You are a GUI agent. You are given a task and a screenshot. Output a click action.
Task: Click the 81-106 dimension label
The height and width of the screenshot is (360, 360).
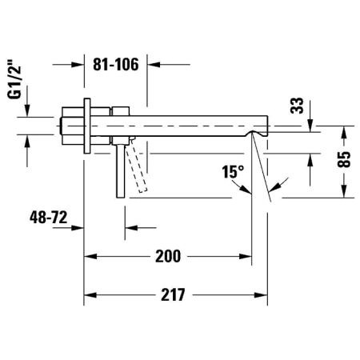tap(116, 64)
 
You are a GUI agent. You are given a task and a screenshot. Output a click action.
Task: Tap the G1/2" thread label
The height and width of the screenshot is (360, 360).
tap(14, 79)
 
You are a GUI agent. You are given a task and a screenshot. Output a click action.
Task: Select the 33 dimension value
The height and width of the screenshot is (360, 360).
tap(297, 106)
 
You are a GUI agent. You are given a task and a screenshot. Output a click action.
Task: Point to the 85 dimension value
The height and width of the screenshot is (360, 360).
tap(344, 159)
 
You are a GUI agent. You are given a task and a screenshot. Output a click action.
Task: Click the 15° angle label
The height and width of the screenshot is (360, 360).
tap(233, 171)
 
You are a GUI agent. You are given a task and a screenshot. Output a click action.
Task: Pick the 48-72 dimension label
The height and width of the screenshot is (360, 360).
tap(48, 218)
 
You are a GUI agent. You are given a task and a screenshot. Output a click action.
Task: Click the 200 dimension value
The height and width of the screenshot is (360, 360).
tap(168, 256)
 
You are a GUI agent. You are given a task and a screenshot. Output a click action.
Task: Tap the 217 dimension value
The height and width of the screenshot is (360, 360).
tap(173, 295)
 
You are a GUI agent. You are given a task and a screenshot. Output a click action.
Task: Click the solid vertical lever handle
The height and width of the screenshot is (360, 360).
tap(121, 171)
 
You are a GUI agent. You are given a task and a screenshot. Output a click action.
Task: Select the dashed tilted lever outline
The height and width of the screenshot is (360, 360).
tap(137, 166)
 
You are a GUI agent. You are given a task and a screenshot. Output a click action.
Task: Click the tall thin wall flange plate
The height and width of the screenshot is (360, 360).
tap(87, 126)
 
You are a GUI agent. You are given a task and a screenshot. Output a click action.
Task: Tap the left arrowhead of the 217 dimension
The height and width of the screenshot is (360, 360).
tap(90, 295)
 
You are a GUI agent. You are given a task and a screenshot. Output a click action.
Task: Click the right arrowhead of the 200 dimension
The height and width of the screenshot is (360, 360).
tap(246, 257)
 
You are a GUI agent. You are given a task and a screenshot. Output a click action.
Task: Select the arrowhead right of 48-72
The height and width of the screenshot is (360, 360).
tap(78, 228)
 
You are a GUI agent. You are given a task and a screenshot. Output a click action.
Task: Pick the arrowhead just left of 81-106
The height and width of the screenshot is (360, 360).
tap(78, 65)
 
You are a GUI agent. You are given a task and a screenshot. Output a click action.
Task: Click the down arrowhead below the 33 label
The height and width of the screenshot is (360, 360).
tap(310, 126)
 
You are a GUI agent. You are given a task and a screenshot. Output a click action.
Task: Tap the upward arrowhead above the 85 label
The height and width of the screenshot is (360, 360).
tap(344, 132)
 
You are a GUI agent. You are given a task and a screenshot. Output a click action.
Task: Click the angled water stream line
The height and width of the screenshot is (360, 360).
tap(262, 166)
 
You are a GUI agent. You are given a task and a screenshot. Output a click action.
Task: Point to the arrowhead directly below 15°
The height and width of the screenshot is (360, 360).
tap(246, 189)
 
